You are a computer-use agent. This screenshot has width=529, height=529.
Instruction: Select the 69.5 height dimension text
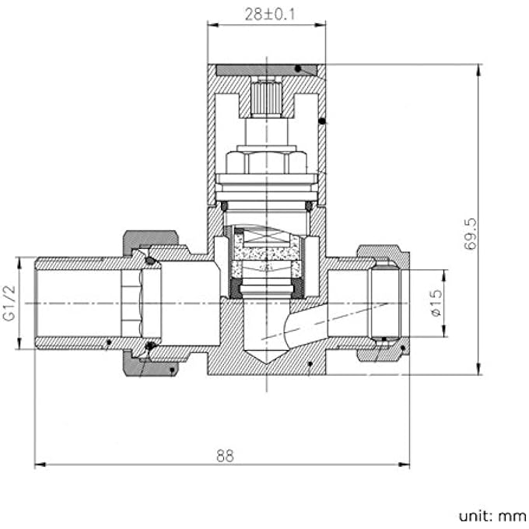471,233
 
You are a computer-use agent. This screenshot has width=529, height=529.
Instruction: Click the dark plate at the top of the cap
265,70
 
